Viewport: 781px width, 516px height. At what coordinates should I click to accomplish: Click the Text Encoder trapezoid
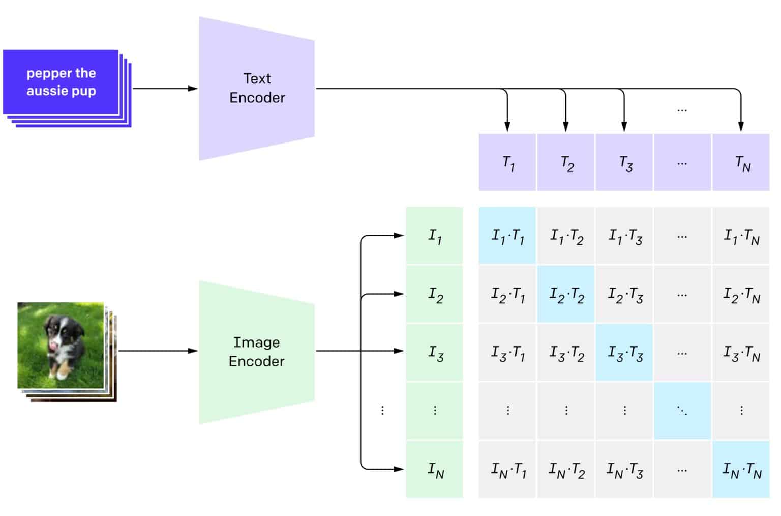pos(257,88)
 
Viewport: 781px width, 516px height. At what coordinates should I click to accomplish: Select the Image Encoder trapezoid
pos(257,352)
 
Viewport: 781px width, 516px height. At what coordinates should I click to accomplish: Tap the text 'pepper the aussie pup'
pos(61,82)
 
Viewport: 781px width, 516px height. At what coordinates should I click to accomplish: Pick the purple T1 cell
pos(507,163)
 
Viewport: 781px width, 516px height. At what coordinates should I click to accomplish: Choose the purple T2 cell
pos(566,163)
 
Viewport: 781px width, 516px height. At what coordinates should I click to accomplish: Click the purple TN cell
pos(741,163)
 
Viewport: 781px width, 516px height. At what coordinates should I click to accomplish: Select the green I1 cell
pos(435,236)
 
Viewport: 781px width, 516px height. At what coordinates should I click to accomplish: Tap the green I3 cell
pos(435,352)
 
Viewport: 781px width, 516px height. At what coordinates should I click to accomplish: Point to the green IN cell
pos(435,469)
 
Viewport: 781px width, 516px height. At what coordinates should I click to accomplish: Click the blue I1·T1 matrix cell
pos(507,236)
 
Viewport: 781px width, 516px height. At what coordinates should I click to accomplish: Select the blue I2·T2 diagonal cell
pos(566,294)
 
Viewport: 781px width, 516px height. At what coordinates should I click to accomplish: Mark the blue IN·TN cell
pos(741,469)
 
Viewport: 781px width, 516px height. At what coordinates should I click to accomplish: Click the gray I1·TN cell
pos(741,236)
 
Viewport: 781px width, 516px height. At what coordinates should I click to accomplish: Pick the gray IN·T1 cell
pos(507,469)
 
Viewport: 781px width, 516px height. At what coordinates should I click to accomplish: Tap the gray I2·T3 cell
pos(624,294)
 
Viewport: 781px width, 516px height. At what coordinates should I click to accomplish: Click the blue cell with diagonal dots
pos(682,411)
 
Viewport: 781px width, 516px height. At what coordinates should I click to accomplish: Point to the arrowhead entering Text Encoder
pos(193,89)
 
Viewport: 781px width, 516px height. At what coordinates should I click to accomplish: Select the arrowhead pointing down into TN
pos(741,127)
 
